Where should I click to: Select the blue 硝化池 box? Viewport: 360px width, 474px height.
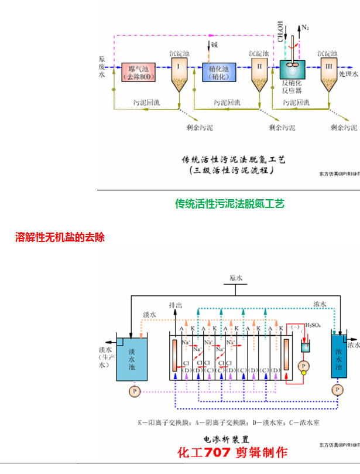click(219, 72)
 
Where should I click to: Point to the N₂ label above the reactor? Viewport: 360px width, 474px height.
click(305, 28)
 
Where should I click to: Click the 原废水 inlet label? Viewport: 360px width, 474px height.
click(102, 67)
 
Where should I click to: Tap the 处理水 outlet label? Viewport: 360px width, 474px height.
click(348, 74)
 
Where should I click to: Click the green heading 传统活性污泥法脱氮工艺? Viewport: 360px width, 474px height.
click(229, 204)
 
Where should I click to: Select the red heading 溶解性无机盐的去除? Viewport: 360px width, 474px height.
click(60, 237)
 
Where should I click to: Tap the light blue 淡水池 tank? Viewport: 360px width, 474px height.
click(132, 358)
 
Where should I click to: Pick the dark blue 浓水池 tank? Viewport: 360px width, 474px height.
click(338, 359)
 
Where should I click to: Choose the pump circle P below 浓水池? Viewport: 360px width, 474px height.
click(337, 390)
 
